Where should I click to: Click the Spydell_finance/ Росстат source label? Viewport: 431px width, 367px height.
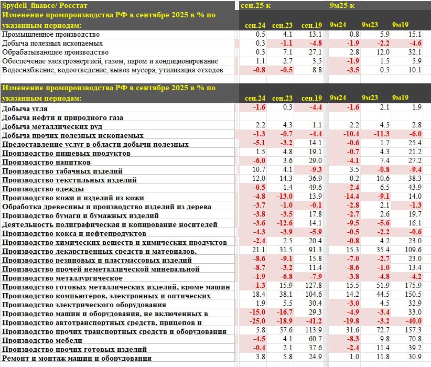coord(39,6)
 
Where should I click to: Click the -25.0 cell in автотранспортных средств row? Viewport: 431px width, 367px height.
coord(257,322)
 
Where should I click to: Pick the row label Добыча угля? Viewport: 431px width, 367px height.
coord(25,108)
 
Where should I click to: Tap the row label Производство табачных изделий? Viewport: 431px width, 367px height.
coord(62,170)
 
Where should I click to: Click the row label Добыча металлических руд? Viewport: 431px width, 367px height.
coord(51,126)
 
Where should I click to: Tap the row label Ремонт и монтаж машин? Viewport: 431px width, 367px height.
coord(77,358)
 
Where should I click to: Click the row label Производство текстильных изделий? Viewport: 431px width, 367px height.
coord(69,179)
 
